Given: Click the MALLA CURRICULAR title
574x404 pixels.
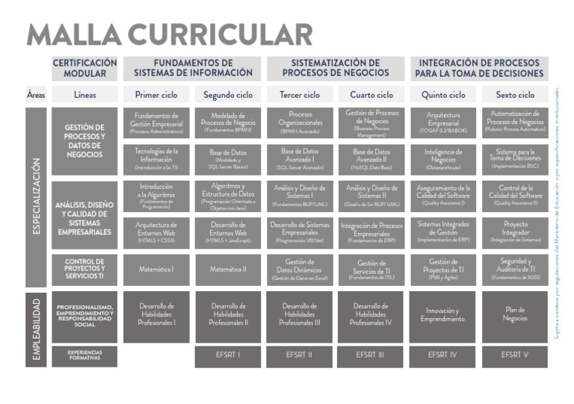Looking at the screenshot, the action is [x=169, y=34].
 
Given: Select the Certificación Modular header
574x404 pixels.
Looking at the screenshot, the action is [x=84, y=68].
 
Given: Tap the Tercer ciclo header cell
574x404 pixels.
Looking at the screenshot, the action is [x=300, y=95].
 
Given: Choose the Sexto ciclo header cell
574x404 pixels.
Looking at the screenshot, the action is [x=515, y=95].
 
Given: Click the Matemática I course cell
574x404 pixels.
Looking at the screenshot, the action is [x=156, y=269].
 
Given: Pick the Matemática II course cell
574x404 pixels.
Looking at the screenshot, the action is [x=228, y=269].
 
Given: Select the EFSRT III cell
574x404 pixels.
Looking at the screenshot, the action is [x=371, y=355].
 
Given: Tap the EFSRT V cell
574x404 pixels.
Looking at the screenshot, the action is [x=515, y=355].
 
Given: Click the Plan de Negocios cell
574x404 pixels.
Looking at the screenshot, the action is [x=515, y=314].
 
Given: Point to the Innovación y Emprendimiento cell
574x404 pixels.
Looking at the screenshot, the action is [x=442, y=314].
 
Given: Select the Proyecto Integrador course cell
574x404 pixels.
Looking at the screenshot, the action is [x=515, y=232].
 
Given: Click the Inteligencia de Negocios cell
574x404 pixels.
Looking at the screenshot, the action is [x=442, y=159].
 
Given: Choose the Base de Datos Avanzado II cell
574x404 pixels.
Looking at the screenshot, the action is [x=371, y=159].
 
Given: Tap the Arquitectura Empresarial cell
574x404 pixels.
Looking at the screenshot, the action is [x=442, y=122].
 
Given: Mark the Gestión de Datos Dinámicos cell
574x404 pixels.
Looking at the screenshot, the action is [x=300, y=269].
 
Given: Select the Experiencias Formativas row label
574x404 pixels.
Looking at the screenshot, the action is [x=84, y=355].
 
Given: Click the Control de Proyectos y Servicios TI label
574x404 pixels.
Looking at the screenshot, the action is [x=84, y=269].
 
